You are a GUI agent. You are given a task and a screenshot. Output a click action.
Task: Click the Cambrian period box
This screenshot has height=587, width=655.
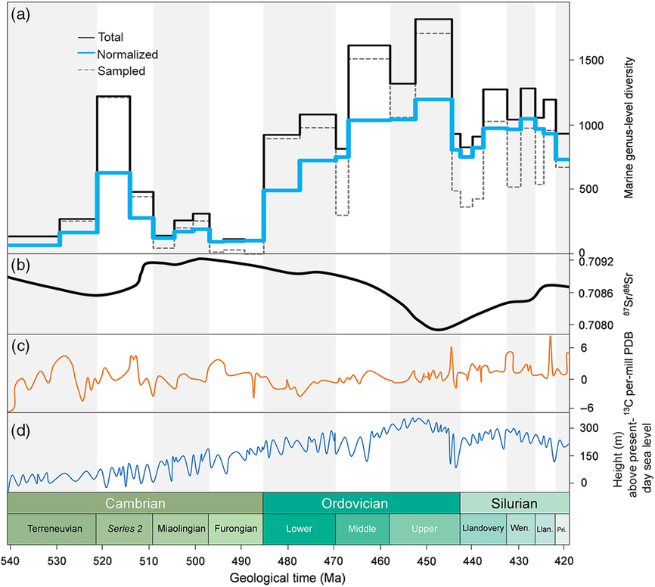point(135,503)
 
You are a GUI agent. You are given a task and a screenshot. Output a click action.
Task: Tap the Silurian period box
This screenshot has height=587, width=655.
point(514,503)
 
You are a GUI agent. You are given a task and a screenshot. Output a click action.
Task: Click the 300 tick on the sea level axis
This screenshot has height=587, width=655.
point(590,428)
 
